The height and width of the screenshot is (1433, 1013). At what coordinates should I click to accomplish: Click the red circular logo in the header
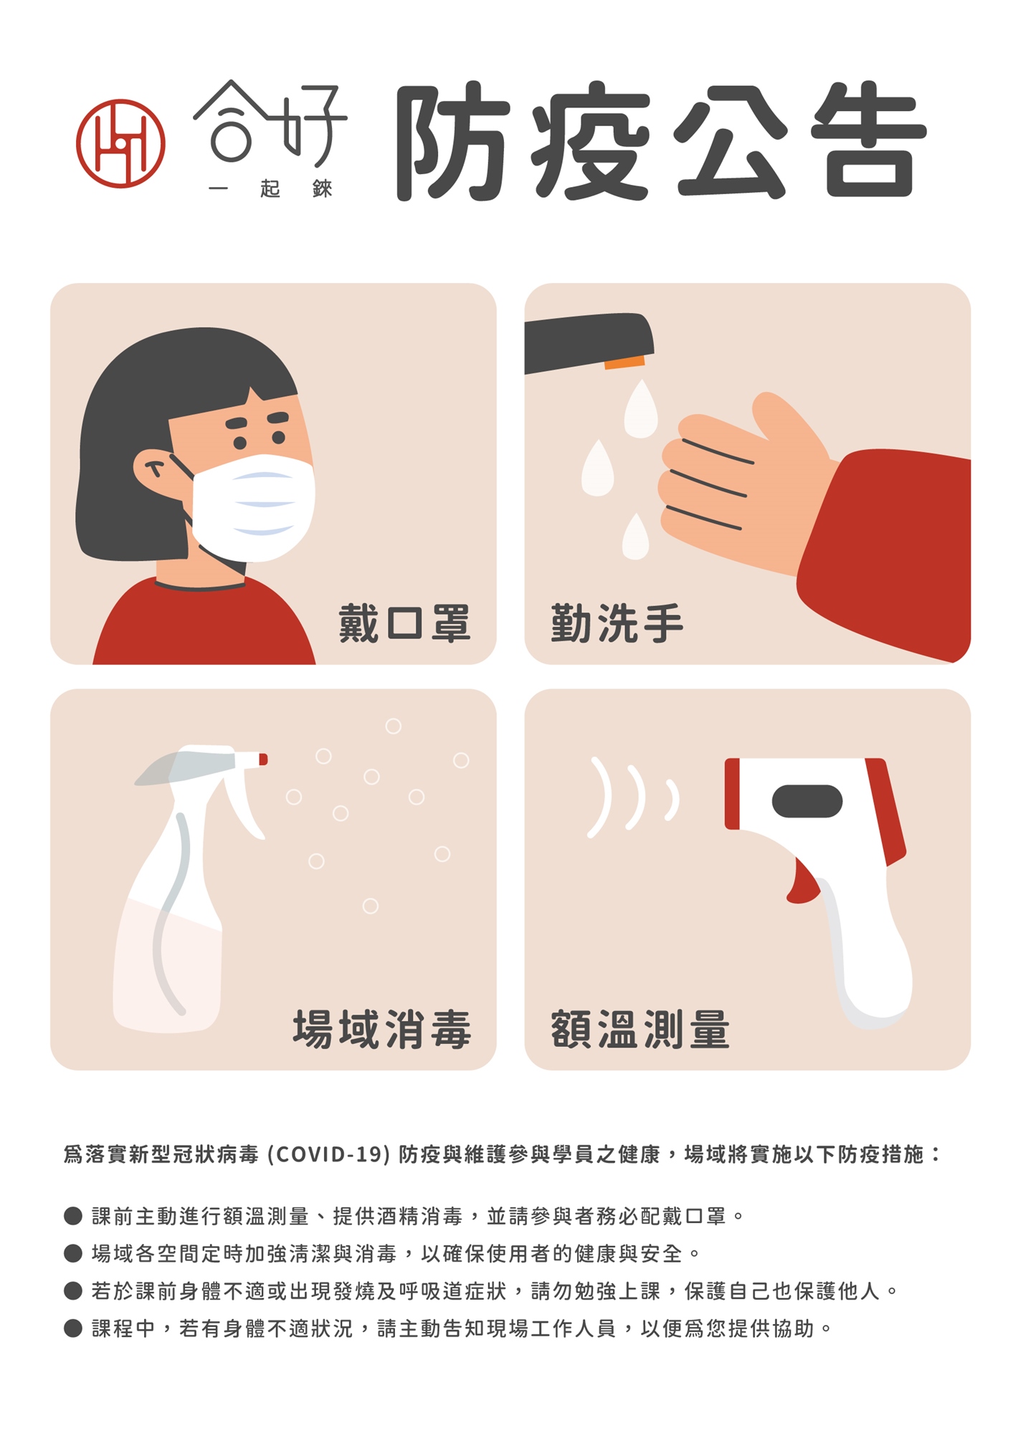click(120, 143)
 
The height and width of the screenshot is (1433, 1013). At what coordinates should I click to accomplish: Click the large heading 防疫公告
click(661, 140)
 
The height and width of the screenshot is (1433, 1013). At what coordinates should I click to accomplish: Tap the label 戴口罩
click(404, 623)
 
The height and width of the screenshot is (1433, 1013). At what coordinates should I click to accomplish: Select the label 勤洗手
click(617, 623)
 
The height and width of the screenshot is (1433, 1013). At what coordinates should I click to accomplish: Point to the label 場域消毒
click(382, 1029)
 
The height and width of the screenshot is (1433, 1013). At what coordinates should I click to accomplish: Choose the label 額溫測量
click(640, 1029)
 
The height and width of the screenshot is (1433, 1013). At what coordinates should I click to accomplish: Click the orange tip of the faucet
click(624, 362)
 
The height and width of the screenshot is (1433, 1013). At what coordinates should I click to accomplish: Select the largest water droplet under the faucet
click(641, 410)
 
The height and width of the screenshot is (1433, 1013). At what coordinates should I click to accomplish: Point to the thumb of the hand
click(789, 423)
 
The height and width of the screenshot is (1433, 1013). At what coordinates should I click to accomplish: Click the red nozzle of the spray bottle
click(263, 759)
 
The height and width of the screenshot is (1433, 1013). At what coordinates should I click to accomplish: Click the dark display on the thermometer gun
click(807, 801)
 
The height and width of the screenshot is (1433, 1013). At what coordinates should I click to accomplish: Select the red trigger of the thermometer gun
click(802, 883)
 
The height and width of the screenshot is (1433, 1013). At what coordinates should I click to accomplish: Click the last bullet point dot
click(73, 1328)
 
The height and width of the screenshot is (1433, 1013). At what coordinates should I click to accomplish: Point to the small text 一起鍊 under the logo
click(270, 188)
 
